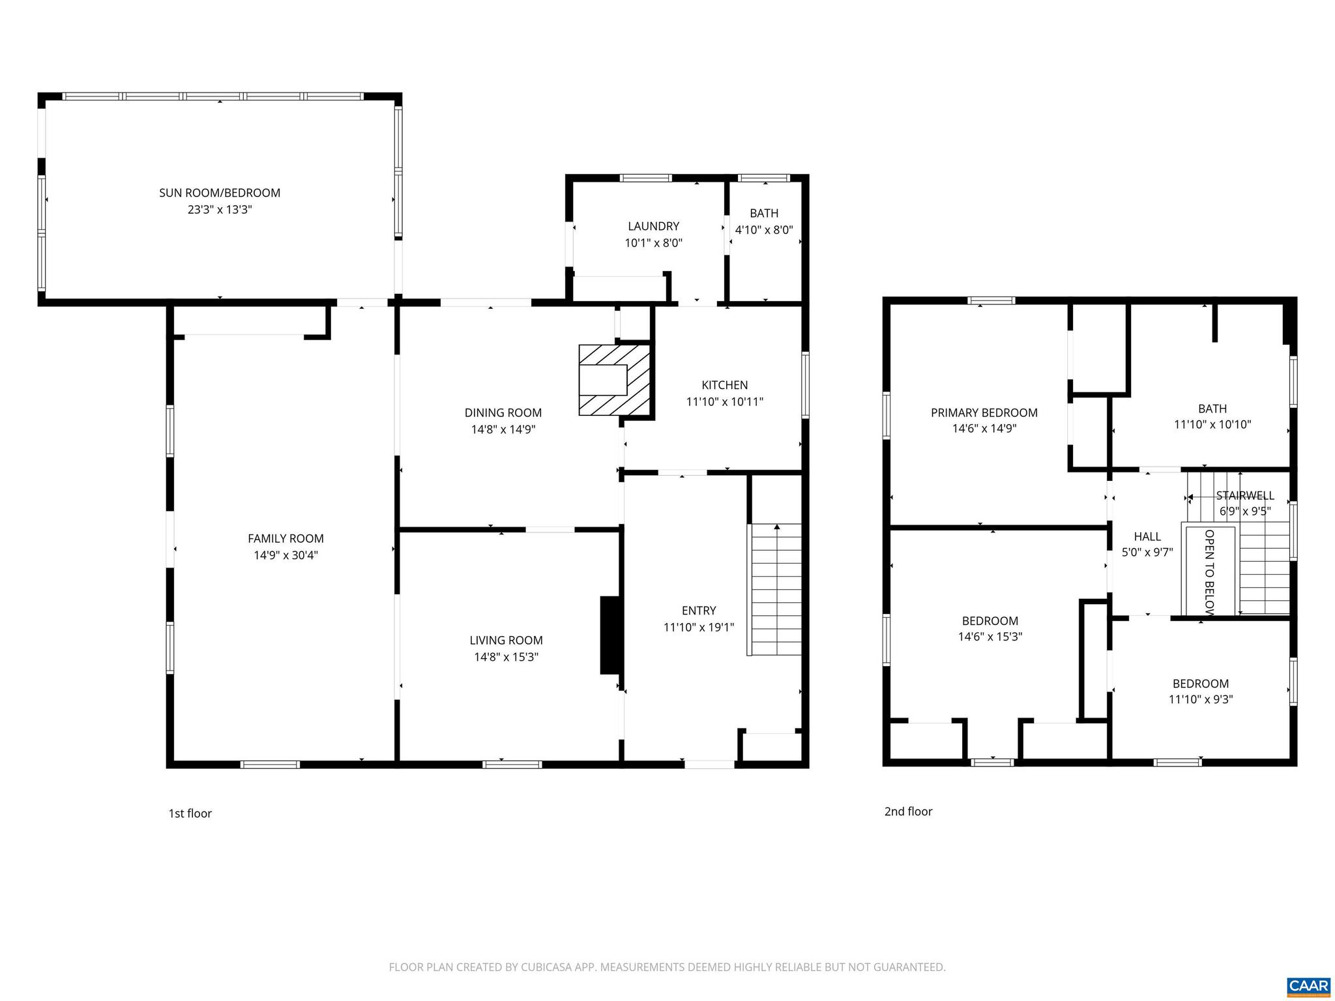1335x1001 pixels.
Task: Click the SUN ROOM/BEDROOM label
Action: (x=220, y=193)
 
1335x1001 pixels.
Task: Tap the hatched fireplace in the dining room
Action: (x=615, y=380)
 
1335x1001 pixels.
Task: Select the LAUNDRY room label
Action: (x=653, y=226)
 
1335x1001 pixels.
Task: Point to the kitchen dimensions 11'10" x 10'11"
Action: (x=724, y=402)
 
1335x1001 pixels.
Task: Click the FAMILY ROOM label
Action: (x=286, y=538)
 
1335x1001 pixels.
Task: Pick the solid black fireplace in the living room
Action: (x=610, y=635)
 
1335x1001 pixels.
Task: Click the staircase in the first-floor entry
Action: (x=776, y=590)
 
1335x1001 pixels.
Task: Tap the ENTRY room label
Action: (x=699, y=611)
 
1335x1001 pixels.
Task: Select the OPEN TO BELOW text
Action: (x=1209, y=572)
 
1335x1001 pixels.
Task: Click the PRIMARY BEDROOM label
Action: (x=984, y=413)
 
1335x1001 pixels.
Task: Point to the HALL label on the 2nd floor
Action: (x=1147, y=536)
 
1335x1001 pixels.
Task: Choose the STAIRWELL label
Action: (x=1244, y=496)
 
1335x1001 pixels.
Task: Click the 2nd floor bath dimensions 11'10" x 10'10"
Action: (x=1212, y=425)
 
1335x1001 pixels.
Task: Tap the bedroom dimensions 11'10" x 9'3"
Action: (x=1201, y=700)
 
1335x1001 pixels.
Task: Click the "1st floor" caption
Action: (x=190, y=813)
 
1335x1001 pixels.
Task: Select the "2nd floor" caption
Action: (x=908, y=811)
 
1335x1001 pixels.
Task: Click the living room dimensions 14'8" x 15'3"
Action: (x=506, y=657)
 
